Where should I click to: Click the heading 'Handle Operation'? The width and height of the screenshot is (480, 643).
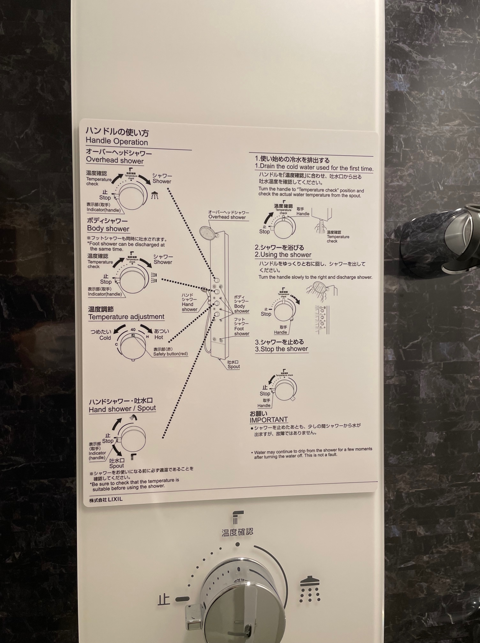[117, 142]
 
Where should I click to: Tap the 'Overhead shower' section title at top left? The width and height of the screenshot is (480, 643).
[115, 161]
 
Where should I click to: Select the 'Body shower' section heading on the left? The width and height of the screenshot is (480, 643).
[108, 229]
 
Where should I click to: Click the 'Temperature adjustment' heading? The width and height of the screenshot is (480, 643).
[126, 317]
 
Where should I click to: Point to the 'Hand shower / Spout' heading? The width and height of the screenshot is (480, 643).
[122, 409]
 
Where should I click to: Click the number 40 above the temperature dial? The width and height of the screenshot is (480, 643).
[133, 330]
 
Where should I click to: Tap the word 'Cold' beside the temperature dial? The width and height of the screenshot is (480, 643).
[105, 338]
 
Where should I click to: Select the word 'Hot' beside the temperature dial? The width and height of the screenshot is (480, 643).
[159, 337]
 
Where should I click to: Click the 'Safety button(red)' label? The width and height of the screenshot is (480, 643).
[170, 354]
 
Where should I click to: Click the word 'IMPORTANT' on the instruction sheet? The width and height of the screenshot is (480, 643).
[269, 420]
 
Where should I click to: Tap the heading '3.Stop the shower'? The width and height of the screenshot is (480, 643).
[281, 349]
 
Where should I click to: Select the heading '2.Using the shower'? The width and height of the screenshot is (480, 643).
[283, 255]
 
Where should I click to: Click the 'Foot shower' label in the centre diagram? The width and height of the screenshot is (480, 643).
[242, 331]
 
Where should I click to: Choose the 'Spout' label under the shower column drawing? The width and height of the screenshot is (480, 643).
[234, 366]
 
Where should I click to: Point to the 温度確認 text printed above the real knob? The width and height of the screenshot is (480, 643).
[237, 532]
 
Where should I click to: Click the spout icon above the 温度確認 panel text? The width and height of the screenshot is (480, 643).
[238, 517]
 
